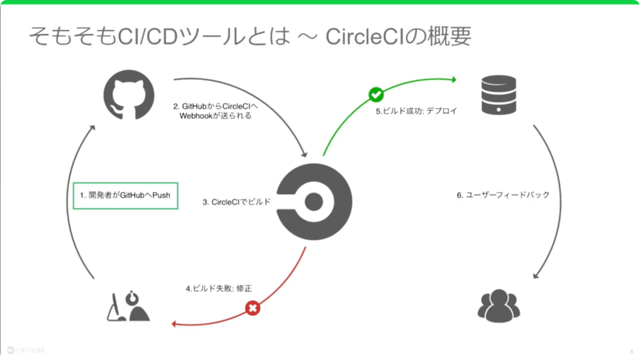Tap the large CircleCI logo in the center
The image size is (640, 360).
click(x=314, y=201)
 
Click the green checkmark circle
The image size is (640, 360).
click(x=376, y=95)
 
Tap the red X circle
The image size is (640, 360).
click(x=253, y=308)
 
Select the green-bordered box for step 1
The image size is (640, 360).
click(x=126, y=195)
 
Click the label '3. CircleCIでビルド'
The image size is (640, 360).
click(x=237, y=201)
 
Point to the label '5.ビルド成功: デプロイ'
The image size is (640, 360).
click(x=416, y=111)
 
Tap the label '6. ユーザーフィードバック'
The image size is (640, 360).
click(x=503, y=195)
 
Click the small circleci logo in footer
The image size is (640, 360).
click(x=26, y=349)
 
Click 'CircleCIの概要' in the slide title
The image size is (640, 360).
click(x=399, y=37)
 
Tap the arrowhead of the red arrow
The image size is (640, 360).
click(x=175, y=324)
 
